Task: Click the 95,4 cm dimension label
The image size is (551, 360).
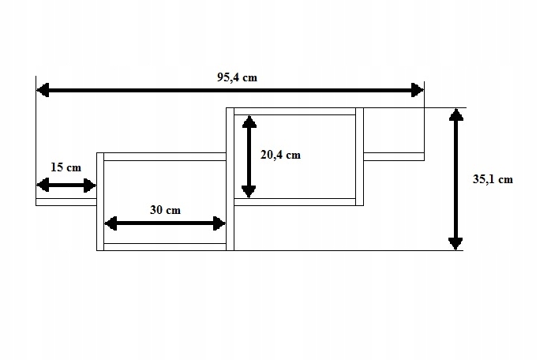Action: [237, 77]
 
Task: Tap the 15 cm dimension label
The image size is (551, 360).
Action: [66, 167]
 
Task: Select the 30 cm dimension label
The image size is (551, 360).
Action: [165, 210]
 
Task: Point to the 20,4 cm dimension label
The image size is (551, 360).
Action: [280, 155]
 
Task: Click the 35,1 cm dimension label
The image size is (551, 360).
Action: [493, 179]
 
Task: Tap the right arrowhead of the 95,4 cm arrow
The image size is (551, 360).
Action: [418, 91]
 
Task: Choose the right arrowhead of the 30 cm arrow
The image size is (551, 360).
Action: [220, 223]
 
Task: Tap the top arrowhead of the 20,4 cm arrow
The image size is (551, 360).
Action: [249, 122]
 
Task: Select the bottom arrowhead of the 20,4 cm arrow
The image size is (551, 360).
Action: [249, 192]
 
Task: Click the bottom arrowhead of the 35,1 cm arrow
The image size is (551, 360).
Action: [455, 243]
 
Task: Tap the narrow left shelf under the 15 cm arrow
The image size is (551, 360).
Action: [66, 202]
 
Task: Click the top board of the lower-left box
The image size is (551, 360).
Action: [165, 156]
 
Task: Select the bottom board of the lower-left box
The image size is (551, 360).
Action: [165, 247]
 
